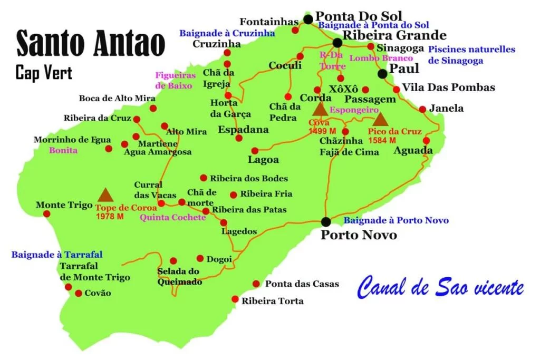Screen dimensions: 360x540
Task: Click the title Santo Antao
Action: (x=90, y=44)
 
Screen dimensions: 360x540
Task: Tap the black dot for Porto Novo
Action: (x=326, y=222)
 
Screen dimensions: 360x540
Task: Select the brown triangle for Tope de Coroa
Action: (x=105, y=195)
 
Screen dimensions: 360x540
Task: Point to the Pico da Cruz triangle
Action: (x=380, y=119)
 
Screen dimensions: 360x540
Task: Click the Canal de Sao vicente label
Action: (x=440, y=288)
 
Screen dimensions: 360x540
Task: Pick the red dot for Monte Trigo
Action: (x=46, y=214)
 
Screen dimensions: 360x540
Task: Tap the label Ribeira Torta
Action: (x=273, y=301)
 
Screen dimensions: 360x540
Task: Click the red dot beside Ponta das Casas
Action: (x=256, y=284)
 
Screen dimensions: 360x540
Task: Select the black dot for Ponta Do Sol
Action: (x=308, y=20)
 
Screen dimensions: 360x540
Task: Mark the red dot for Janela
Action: (x=422, y=110)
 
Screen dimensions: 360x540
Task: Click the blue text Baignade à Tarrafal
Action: (x=57, y=255)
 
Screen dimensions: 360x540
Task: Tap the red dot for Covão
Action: (x=79, y=293)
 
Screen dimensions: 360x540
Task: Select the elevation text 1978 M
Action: (x=110, y=216)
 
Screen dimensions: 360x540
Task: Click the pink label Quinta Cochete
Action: (x=172, y=217)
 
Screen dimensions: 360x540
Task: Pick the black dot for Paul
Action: (x=382, y=74)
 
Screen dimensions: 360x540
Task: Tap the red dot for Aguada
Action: (x=426, y=141)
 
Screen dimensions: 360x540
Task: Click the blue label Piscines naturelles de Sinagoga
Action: (x=471, y=55)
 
